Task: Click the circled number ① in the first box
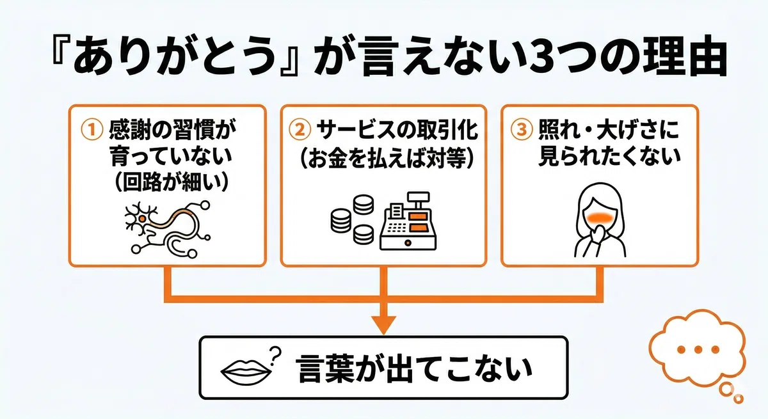tap(92, 130)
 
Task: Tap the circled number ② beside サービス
tap(300, 130)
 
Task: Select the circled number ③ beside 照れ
tap(522, 130)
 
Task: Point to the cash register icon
tap(408, 221)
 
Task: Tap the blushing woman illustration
tap(600, 220)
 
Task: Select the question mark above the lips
tap(275, 355)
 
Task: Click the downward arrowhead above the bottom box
tap(383, 324)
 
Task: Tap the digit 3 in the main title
tap(543, 58)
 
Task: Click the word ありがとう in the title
tap(176, 56)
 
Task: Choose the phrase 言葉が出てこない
tap(414, 368)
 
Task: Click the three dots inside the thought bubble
tap(698, 349)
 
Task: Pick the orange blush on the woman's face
tap(600, 216)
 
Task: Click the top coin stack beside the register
tap(364, 204)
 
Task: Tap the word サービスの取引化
tap(397, 130)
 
